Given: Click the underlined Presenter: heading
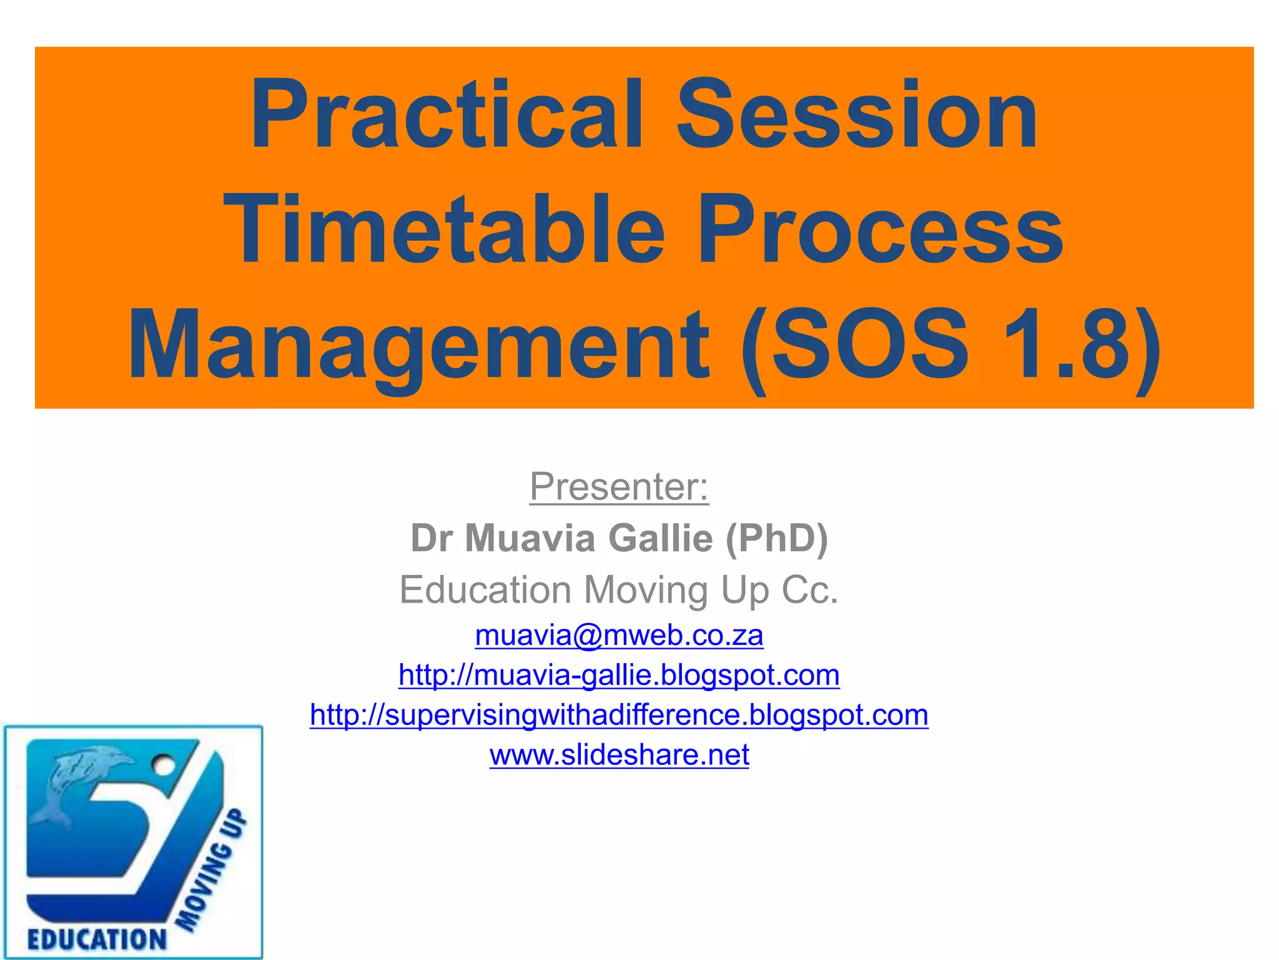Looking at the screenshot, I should [619, 487].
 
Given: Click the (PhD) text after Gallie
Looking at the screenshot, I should [776, 538].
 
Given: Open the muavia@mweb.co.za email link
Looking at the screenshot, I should [619, 636].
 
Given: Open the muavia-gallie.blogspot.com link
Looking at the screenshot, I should [619, 676].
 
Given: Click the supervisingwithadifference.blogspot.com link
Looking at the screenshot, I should [619, 715].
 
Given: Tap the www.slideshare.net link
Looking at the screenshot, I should [619, 755].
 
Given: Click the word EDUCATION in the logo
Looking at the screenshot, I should [97, 939].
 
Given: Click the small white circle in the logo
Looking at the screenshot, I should [163, 764].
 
